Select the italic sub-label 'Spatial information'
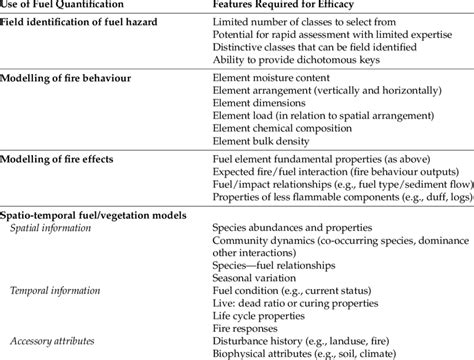point(55,228)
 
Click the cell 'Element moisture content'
point(270,76)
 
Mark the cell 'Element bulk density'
point(260,144)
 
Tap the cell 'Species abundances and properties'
point(291,228)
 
